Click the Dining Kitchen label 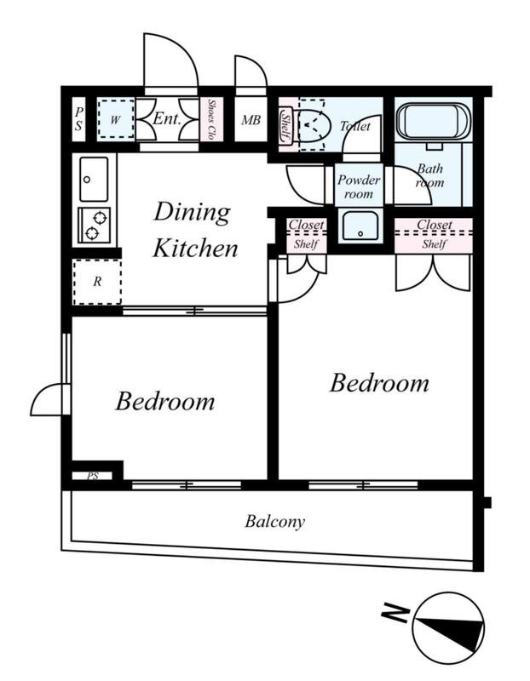click(x=195, y=230)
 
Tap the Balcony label click(x=274, y=521)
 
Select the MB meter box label click(x=251, y=120)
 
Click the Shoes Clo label click(x=211, y=119)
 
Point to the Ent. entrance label click(x=166, y=118)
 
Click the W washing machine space click(x=115, y=119)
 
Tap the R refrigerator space click(x=97, y=282)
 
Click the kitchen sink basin click(x=94, y=179)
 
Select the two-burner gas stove click(x=94, y=225)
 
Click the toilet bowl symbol click(x=314, y=125)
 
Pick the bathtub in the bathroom click(x=434, y=121)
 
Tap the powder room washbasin click(x=360, y=226)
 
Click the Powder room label click(x=359, y=186)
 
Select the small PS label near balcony click(x=93, y=476)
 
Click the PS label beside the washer click(x=78, y=119)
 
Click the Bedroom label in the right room click(x=378, y=383)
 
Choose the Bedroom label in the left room click(x=164, y=401)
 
